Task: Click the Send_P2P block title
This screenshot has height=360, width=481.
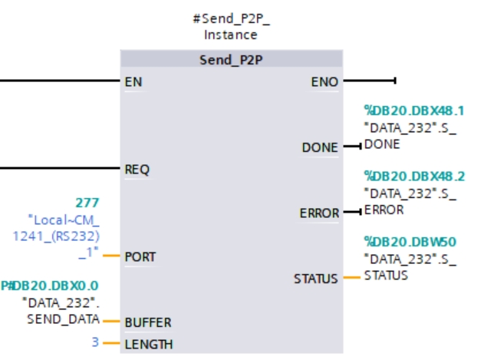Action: (x=232, y=60)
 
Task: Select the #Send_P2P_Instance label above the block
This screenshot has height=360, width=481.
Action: (x=231, y=27)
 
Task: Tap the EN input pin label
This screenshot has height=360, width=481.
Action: (x=133, y=81)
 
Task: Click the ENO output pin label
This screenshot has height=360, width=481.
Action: (x=325, y=81)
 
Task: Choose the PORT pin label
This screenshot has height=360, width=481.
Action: (x=140, y=256)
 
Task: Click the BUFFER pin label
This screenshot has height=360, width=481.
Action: (x=147, y=322)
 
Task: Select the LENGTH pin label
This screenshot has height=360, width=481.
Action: (x=148, y=344)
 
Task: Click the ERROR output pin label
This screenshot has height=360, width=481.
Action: (x=319, y=213)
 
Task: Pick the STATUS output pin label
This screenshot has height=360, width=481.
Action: (x=315, y=279)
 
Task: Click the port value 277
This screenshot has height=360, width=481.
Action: (x=87, y=203)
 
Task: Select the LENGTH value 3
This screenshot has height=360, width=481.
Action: (x=95, y=343)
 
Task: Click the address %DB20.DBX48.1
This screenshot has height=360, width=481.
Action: (x=414, y=111)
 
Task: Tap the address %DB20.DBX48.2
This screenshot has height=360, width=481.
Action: (x=414, y=177)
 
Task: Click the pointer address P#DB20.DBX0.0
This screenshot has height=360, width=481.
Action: (x=49, y=286)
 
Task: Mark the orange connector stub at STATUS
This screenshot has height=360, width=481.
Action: (x=351, y=278)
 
